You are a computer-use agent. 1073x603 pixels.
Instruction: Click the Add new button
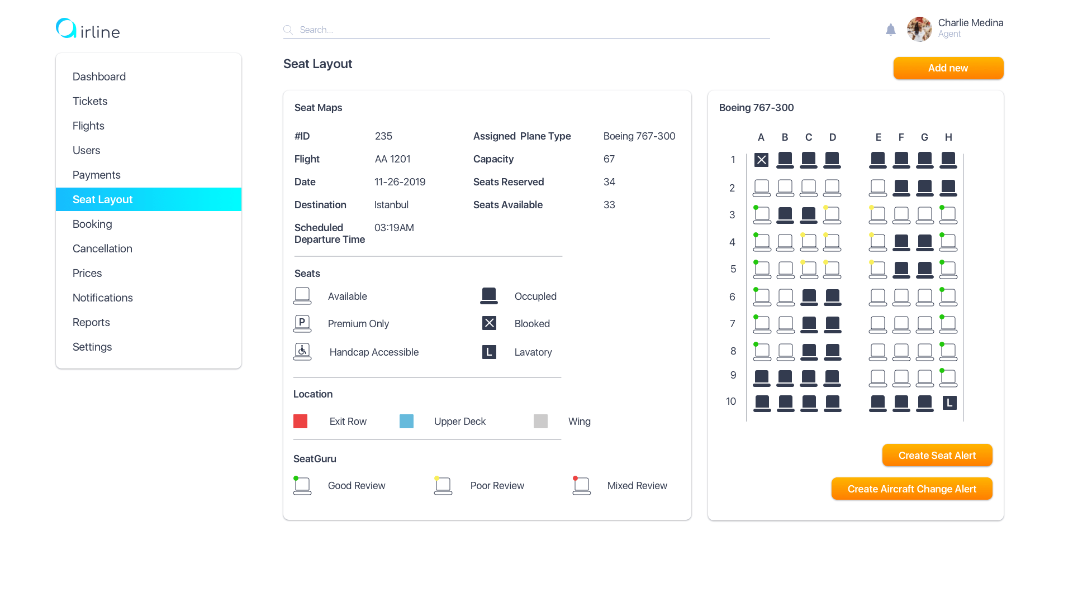click(948, 68)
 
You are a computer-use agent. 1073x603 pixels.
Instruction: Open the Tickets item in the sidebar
click(90, 101)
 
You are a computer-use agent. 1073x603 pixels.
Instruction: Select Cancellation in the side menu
click(102, 248)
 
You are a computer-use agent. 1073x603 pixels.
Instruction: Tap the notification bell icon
click(891, 30)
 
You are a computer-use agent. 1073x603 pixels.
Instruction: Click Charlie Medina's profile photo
click(919, 29)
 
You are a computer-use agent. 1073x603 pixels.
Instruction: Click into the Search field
click(525, 30)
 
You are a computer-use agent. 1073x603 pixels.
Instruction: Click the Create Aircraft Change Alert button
click(911, 489)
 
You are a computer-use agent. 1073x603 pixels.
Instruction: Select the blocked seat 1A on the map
click(761, 160)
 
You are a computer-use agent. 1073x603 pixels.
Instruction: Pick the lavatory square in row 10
click(949, 403)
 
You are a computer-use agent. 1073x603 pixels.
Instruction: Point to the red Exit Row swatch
click(301, 422)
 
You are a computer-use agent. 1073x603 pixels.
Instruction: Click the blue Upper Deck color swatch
click(406, 422)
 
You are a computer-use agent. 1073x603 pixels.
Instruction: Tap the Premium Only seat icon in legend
click(302, 323)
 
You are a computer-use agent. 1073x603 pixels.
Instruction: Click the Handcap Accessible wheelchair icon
click(302, 352)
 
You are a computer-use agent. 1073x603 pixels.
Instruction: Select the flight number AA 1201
click(392, 159)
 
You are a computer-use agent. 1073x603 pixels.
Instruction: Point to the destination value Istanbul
click(391, 205)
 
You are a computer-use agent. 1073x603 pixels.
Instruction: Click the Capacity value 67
click(609, 159)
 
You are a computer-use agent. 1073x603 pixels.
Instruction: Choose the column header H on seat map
click(948, 137)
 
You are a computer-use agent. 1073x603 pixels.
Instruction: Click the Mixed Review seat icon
click(581, 486)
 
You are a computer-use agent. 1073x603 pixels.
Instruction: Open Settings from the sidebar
click(92, 347)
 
